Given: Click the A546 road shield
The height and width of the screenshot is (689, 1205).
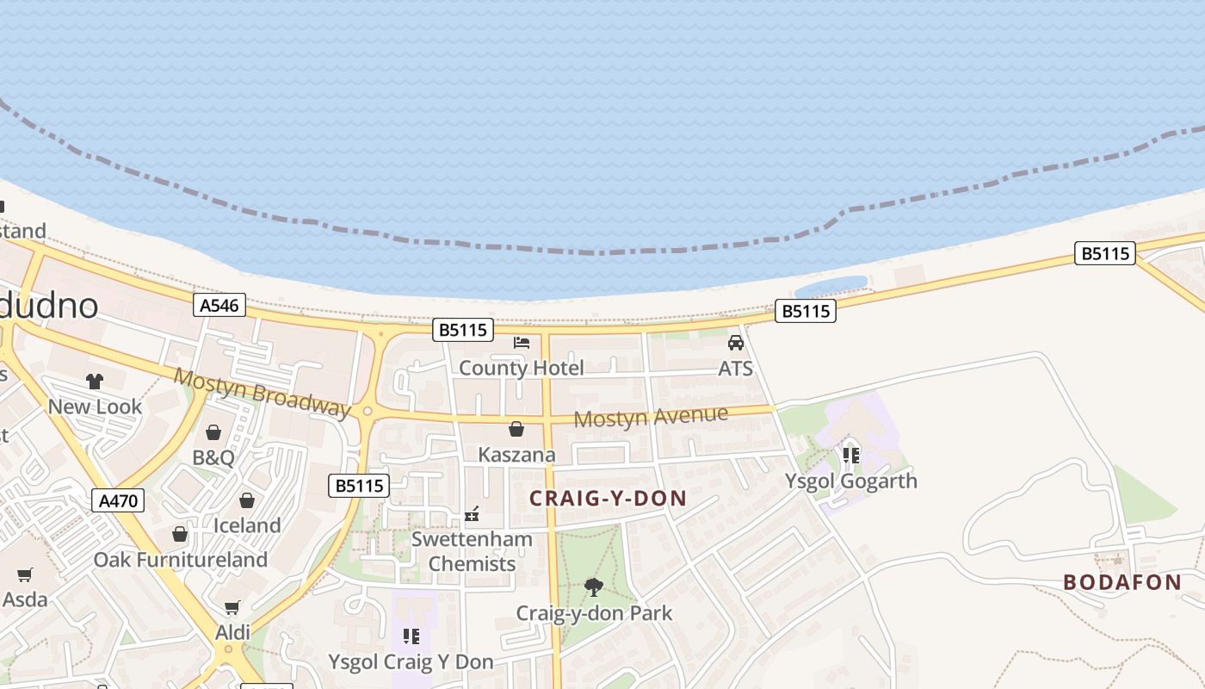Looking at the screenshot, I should [x=219, y=305].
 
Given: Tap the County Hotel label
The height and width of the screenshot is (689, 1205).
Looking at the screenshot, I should [x=521, y=369].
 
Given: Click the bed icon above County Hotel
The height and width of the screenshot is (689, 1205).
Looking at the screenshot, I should [x=522, y=342].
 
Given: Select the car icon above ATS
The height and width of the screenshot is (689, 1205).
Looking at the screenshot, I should [x=736, y=343].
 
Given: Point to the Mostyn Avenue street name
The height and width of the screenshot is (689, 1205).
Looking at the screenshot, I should [x=651, y=417].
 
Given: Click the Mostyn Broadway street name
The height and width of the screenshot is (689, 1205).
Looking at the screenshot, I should [x=263, y=392].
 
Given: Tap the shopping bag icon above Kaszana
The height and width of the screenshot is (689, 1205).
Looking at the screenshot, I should [x=516, y=429].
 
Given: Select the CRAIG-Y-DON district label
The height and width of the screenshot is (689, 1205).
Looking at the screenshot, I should [x=608, y=498].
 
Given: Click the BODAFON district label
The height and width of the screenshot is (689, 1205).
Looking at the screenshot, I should [x=1122, y=582].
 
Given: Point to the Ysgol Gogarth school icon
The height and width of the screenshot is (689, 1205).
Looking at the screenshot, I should [x=851, y=455].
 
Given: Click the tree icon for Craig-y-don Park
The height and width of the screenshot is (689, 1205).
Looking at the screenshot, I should [x=593, y=587].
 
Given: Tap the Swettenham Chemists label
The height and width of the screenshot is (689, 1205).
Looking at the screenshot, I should [x=472, y=551].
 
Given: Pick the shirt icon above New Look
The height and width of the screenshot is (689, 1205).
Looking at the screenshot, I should [x=95, y=381].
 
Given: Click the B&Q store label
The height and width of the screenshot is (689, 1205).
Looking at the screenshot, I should [x=213, y=457].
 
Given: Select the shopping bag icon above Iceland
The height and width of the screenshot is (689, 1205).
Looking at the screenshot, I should [x=247, y=500].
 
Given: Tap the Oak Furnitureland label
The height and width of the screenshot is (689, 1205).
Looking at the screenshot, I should [x=181, y=560].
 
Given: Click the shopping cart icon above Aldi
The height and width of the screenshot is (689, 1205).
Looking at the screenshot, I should [x=232, y=608].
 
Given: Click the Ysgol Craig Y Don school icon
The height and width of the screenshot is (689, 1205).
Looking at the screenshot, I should [x=411, y=636].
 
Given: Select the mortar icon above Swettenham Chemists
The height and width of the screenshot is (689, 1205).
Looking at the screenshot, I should [x=472, y=514].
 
